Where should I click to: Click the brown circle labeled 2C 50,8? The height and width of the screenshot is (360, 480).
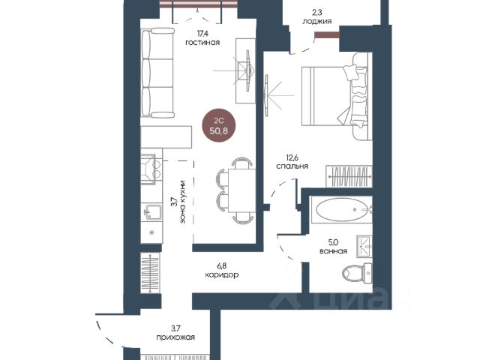pos(220,125)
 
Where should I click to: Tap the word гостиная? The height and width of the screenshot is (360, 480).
pos(202,42)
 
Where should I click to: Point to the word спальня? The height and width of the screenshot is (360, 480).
pos(292,166)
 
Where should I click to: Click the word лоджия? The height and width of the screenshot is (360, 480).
pos(316,21)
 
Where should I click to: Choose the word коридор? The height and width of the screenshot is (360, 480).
pos(222,274)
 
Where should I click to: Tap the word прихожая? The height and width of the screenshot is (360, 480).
pos(175,337)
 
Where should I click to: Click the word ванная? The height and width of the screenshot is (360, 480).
pos(333,251)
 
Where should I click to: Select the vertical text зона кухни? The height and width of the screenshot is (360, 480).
pos(183,202)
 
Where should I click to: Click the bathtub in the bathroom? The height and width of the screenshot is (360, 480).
pos(341,210)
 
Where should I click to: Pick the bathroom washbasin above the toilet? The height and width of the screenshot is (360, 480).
pos(364,247)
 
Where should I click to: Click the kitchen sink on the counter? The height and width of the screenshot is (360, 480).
pos(152,211)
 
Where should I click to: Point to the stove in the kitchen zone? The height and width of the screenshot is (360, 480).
pos(151,169)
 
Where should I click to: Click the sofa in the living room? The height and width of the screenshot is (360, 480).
pos(157,73)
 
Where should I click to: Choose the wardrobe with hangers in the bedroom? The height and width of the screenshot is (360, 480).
pos(349,176)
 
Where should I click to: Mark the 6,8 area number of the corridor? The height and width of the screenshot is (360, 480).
pos(222,265)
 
